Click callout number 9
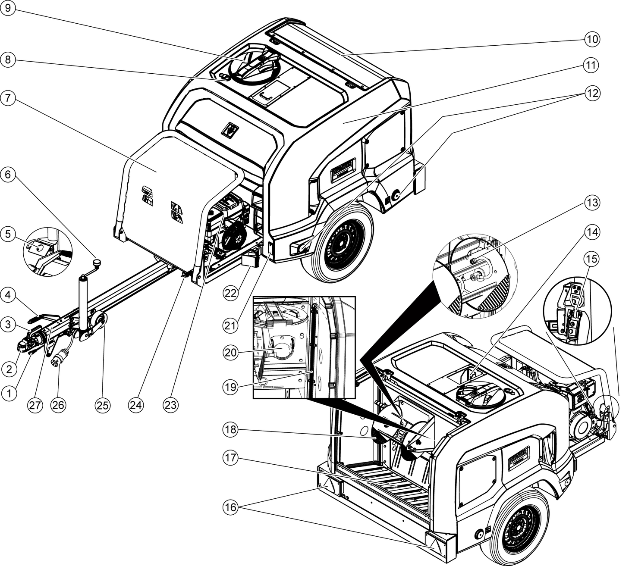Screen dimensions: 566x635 click(8, 9)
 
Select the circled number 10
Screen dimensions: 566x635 click(592, 39)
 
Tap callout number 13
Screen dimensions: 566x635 click(592, 202)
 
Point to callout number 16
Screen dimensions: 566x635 click(231, 507)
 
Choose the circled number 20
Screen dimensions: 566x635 click(231, 352)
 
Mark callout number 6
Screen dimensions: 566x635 click(8, 174)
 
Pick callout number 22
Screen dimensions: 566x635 click(231, 293)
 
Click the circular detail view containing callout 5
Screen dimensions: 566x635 click(47, 252)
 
